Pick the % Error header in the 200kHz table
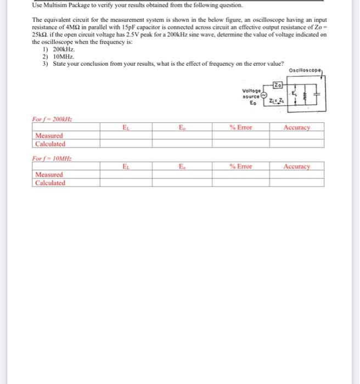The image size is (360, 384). [x=240, y=127]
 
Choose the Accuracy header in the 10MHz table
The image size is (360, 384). [x=296, y=166]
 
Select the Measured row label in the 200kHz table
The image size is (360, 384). [x=48, y=135]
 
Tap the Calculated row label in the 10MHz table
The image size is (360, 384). [x=50, y=183]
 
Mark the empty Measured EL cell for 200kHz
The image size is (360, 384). [x=126, y=135]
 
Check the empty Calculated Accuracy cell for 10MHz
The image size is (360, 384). [x=296, y=183]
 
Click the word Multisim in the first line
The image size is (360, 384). [x=56, y=5]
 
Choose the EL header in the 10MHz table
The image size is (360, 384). [x=126, y=166]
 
